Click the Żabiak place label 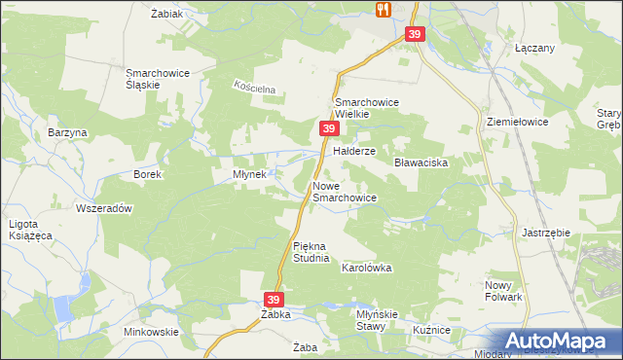pos(168,14)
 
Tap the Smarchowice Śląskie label pos(157,78)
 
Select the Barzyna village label pos(67,132)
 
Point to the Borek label pos(147,174)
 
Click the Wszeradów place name pos(103,208)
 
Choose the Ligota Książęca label pos(31,230)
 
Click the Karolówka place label pos(366,267)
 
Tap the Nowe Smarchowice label pos(344,192)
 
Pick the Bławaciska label pos(421,163)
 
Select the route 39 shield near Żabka pos(275,300)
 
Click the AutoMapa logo pos(560,341)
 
